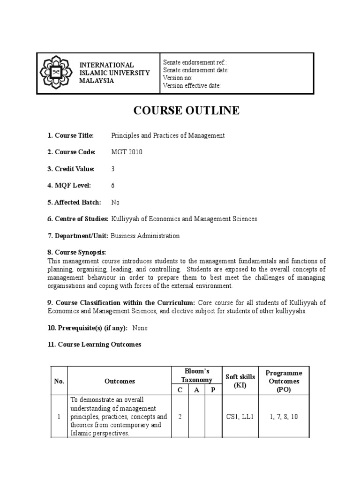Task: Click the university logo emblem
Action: pos(56,73)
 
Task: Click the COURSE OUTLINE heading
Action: pos(187,111)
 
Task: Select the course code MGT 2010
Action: pos(127,152)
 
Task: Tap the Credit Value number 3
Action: pos(113,169)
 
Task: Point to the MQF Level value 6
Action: pos(113,185)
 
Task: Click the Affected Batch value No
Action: pos(115,202)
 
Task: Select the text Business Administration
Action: pos(145,236)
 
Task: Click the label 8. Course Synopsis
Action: pos(77,252)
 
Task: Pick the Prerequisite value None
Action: pos(140,328)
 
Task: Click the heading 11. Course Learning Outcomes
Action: pos(94,345)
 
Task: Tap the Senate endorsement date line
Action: pos(195,70)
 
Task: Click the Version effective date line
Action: pos(192,85)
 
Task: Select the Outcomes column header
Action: pos(120,381)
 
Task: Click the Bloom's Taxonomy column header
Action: pos(197,375)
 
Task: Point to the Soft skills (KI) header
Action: pos(240,381)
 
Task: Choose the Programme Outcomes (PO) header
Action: pos(284,381)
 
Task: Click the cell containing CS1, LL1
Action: pos(240,416)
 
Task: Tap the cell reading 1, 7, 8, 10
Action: pos(284,416)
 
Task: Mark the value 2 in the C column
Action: pos(180,416)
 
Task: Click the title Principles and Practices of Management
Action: pos(168,135)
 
